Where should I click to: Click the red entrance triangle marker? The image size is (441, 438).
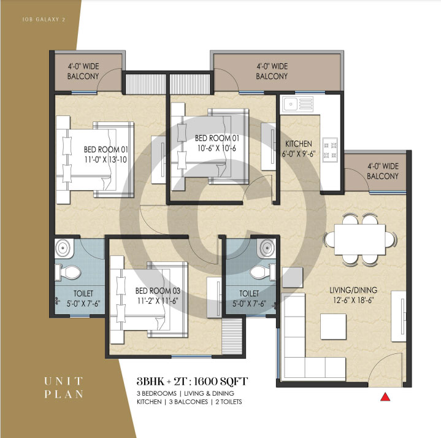click(x=385, y=397)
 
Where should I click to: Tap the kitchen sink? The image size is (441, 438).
click(x=298, y=104)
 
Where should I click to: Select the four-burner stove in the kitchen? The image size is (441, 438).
click(x=330, y=150)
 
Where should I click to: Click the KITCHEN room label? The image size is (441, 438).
click(x=299, y=144)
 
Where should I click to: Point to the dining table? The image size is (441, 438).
click(x=359, y=239)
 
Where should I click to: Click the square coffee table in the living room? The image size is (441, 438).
click(x=333, y=326)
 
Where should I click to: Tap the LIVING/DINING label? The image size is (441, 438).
click(x=353, y=290)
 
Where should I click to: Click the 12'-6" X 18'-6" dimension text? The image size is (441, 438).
click(x=353, y=300)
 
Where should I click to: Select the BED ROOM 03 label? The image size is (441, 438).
click(x=158, y=291)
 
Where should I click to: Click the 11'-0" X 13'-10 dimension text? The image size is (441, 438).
click(x=105, y=159)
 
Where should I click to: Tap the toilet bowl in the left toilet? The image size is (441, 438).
click(x=68, y=272)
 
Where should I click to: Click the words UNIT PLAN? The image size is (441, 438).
click(x=64, y=388)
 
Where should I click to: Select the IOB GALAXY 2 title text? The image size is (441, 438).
click(x=44, y=20)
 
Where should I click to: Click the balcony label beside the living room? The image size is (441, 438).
click(x=383, y=171)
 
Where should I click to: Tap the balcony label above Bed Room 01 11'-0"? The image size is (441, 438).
click(x=83, y=71)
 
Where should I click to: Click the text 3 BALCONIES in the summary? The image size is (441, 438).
click(x=188, y=402)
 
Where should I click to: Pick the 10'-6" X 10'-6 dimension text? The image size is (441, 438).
click(x=217, y=148)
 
